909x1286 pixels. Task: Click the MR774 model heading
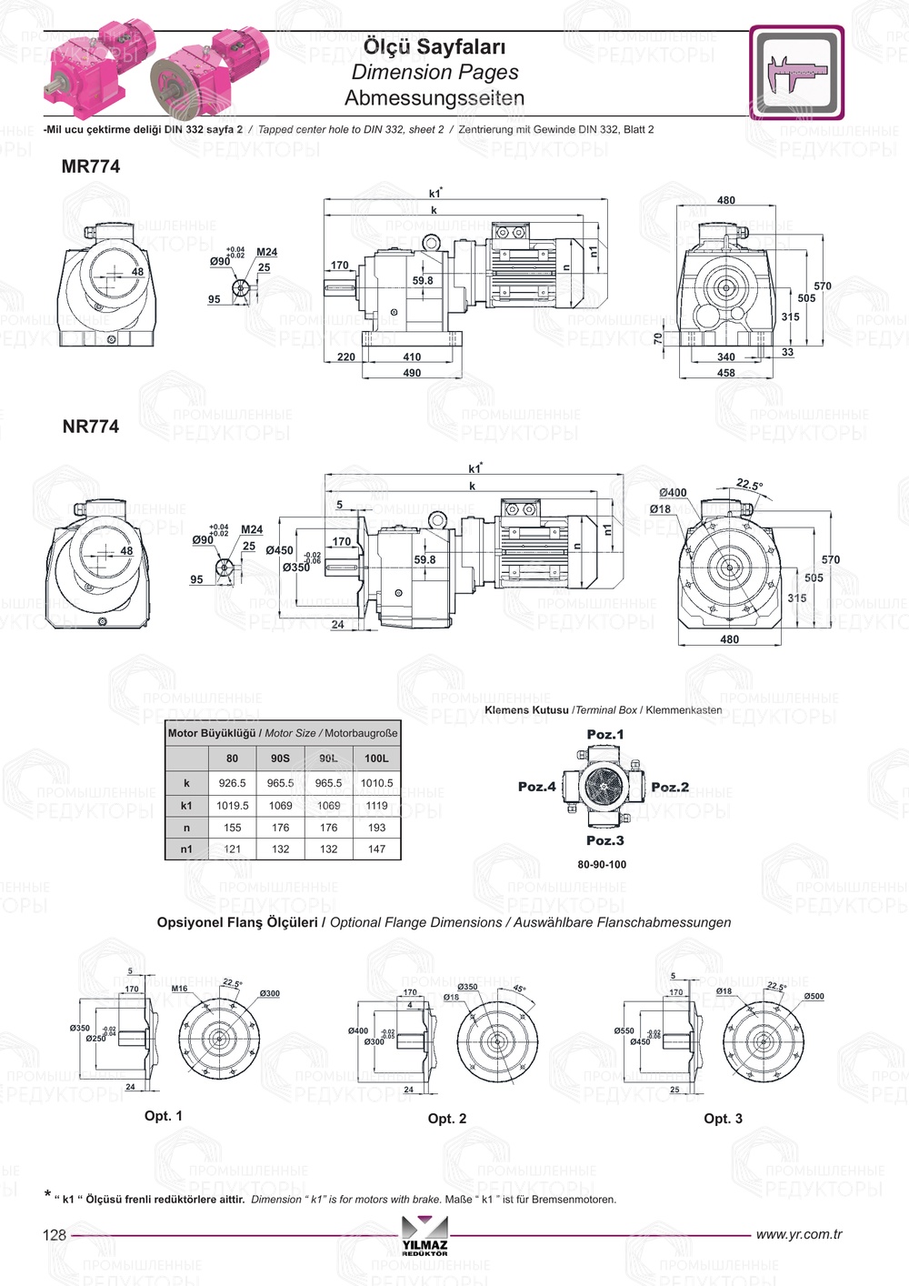90,166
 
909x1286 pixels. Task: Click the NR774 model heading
90,427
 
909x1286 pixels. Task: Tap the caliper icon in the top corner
796,73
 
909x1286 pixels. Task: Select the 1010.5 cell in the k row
376,783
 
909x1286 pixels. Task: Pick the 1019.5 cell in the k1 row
232,806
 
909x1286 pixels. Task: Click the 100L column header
376,759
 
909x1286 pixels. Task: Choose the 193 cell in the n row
376,828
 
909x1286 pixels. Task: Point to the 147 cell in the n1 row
376,849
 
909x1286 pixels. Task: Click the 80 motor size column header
232,759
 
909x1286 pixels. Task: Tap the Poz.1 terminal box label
605,735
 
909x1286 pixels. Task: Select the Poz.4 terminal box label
536,787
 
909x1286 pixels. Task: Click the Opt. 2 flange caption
447,1119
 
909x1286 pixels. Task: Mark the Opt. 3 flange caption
723,1119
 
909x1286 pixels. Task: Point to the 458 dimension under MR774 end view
725,373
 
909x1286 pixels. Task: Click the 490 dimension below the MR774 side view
412,373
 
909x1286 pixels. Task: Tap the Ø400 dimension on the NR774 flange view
674,493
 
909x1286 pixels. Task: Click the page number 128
55,1235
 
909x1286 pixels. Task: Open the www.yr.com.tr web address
799,1234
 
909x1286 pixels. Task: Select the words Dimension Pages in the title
435,72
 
